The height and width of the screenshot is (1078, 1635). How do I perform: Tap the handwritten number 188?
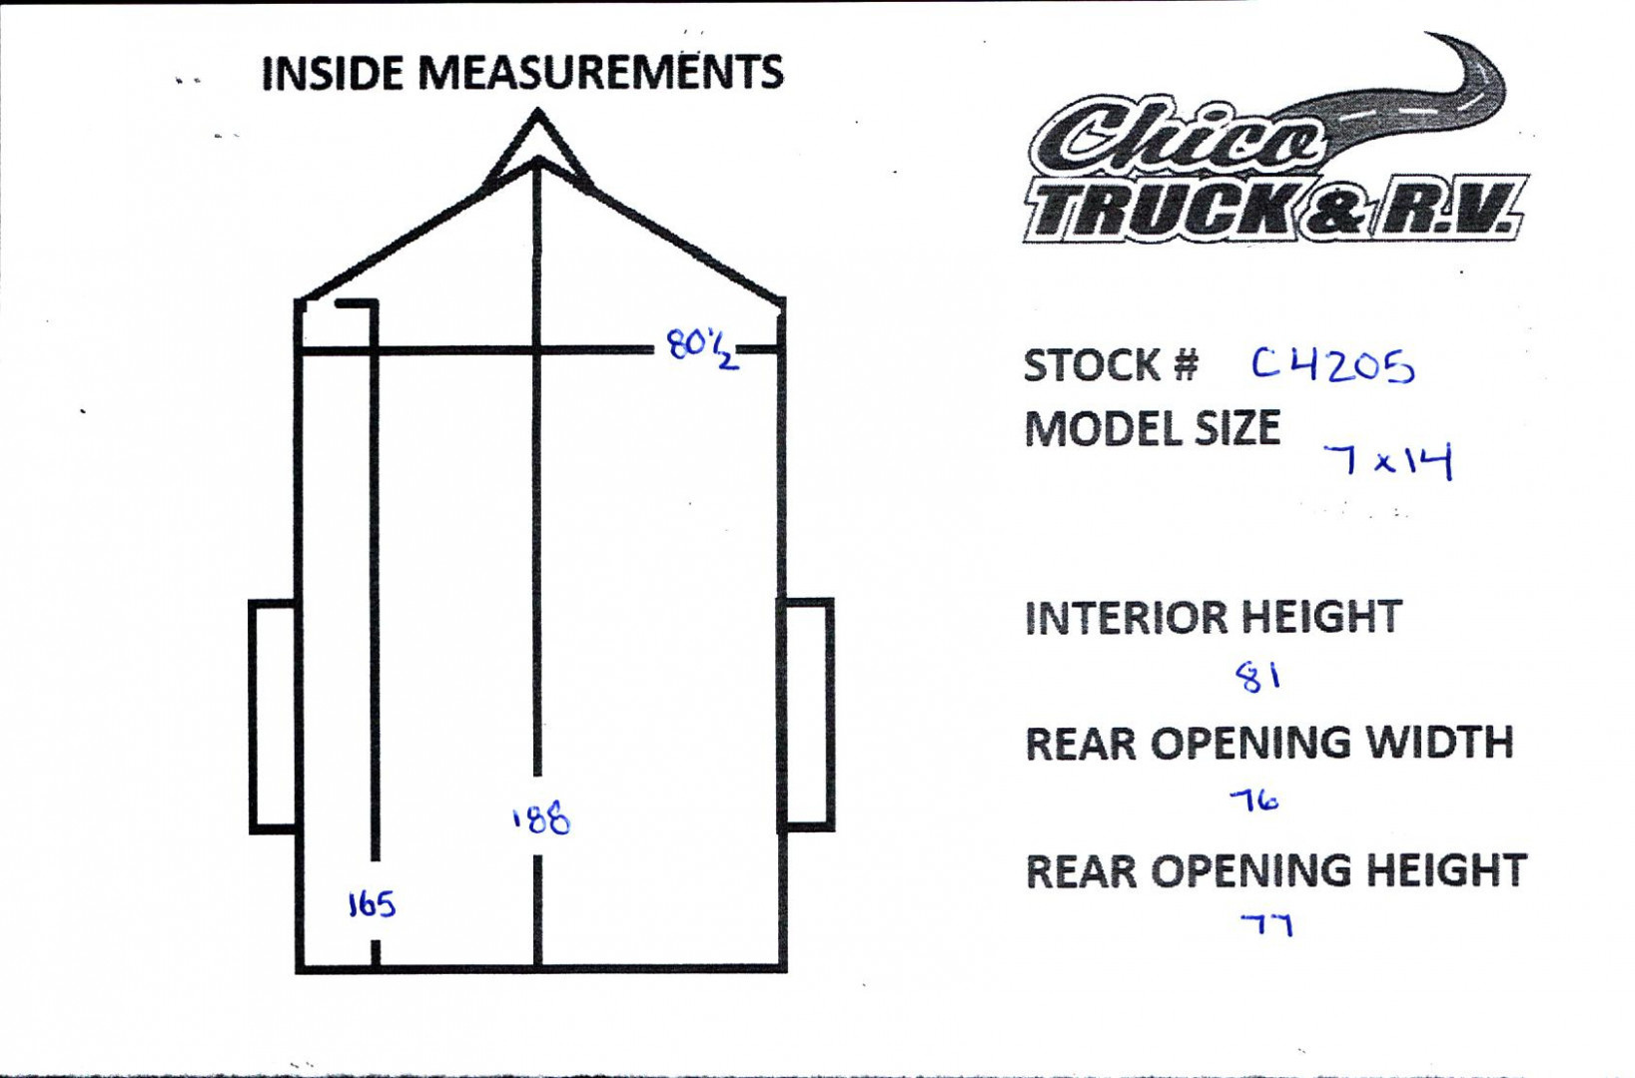coord(541,818)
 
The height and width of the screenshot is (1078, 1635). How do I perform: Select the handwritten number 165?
coord(372,904)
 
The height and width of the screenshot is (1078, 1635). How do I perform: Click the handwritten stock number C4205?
coord(1332,365)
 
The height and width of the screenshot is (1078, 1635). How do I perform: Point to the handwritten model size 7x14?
coord(1387,461)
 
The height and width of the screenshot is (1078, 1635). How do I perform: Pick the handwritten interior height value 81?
coord(1258,678)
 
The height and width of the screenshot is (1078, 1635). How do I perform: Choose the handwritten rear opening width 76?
coord(1253,800)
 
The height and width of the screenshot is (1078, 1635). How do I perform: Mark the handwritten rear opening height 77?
coord(1266,925)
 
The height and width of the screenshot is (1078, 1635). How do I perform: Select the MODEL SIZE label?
coord(1152,429)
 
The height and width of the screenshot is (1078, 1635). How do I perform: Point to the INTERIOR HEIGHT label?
coord(1213,618)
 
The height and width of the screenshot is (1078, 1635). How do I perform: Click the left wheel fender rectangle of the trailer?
coord(272,716)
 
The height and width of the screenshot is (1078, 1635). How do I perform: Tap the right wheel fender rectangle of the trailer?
coord(807,714)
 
